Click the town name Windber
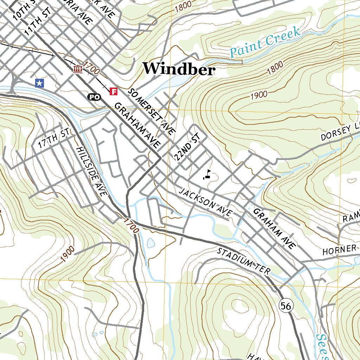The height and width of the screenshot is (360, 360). [x=179, y=69]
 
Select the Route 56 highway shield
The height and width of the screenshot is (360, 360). [x=286, y=306]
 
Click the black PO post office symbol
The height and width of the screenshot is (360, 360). [x=94, y=97]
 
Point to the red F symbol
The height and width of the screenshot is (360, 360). [x=114, y=91]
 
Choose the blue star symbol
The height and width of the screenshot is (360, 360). [x=40, y=83]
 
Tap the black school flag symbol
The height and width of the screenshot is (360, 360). [x=207, y=175]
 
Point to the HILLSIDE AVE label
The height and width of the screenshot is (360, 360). [x=91, y=171]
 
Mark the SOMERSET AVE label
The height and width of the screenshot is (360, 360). [x=151, y=111]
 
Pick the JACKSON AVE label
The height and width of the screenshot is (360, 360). [x=206, y=202]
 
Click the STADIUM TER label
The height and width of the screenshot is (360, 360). [x=243, y=261]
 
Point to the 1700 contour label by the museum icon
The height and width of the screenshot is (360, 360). [x=92, y=68]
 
